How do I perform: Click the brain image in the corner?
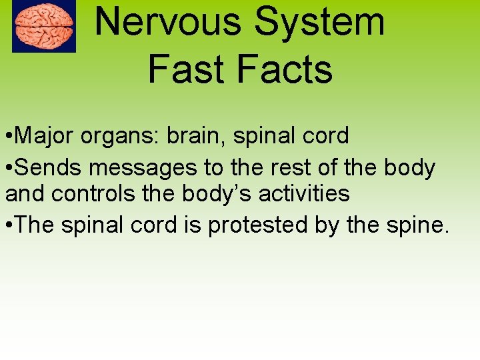click(x=44, y=26)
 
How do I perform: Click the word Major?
click(x=44, y=136)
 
